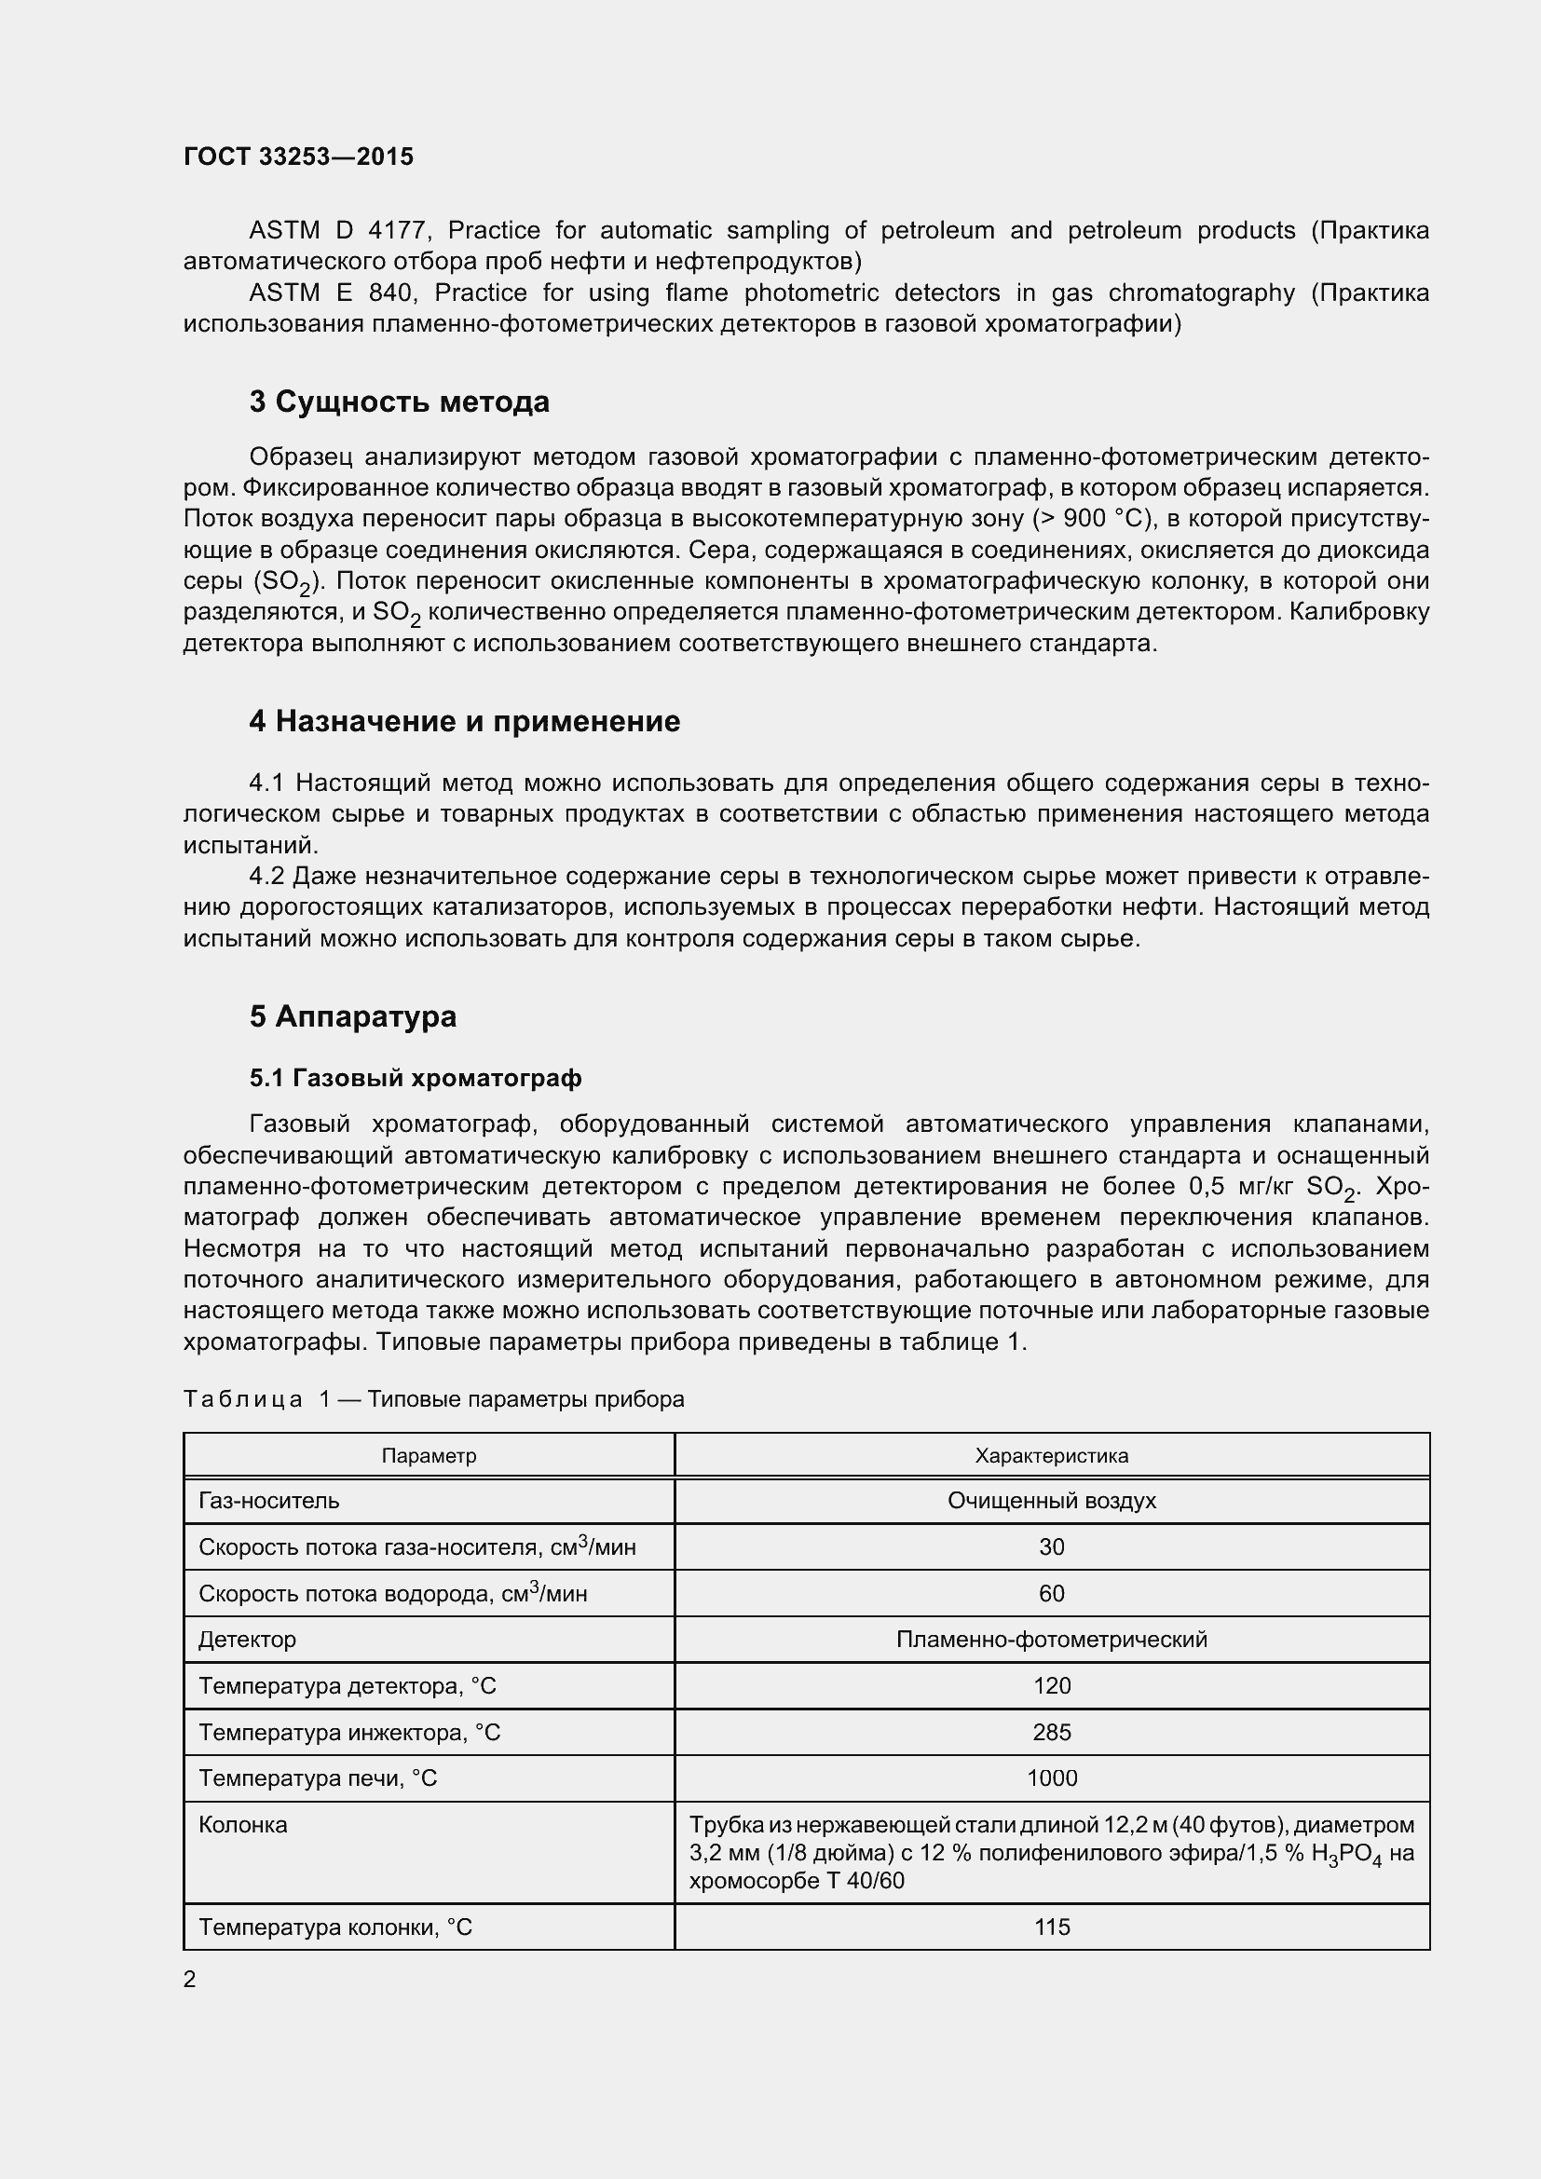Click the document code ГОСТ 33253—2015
[x=298, y=157]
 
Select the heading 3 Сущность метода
[x=399, y=402]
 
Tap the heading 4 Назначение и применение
[x=464, y=721]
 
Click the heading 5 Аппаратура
[x=353, y=1016]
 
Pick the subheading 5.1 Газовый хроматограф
[x=416, y=1078]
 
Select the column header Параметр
[x=429, y=1456]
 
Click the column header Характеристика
[x=1051, y=1456]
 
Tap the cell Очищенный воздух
[x=1051, y=1501]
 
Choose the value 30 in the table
[x=1051, y=1547]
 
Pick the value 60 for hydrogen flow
[x=1051, y=1593]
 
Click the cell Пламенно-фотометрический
[x=1051, y=1639]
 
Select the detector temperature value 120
[x=1051, y=1685]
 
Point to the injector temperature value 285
[x=1051, y=1732]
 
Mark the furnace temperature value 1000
[x=1051, y=1777]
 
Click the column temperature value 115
[x=1051, y=1927]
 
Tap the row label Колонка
[x=243, y=1825]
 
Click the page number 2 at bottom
[x=190, y=1979]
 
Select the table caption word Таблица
[x=243, y=1400]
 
